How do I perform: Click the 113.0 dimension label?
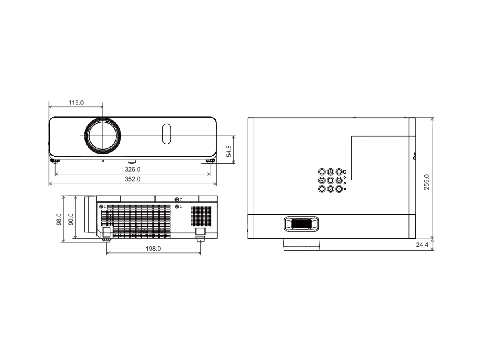coord(76,102)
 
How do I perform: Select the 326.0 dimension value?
coord(132,169)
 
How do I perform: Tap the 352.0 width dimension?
coord(132,179)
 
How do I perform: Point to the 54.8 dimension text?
coord(229,151)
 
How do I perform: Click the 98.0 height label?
coord(59,219)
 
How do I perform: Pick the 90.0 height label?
coord(71,219)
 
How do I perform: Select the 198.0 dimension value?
coord(153,248)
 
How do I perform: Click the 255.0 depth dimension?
coord(426,182)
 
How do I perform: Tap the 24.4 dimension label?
coord(422,245)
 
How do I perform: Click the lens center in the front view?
coord(102,136)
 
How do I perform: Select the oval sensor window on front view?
coord(167,134)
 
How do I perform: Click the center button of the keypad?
coord(330,180)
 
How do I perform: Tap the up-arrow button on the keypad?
coord(330,172)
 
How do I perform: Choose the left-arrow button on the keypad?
coord(322,180)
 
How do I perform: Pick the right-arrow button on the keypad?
coord(339,180)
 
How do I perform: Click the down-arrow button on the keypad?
coord(330,189)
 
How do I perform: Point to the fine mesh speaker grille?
coord(201,216)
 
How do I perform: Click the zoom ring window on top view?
coord(301,224)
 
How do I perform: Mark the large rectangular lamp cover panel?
coord(383,158)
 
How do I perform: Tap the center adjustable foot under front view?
coord(132,161)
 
